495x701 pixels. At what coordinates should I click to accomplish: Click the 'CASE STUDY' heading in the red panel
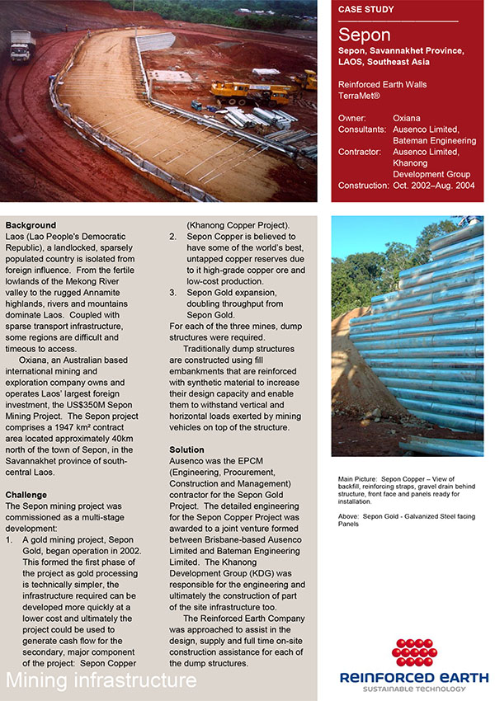367,10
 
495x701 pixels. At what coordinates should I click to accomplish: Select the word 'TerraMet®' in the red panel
361,96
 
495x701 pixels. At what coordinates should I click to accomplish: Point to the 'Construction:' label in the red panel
364,186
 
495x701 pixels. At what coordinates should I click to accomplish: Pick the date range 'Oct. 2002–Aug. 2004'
435,186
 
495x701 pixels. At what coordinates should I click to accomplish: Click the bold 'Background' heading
31,225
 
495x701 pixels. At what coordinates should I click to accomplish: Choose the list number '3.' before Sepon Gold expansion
172,292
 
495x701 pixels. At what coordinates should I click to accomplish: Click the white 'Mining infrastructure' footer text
101,680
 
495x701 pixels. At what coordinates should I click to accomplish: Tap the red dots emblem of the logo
413,652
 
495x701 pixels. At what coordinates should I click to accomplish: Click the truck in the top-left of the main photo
21,45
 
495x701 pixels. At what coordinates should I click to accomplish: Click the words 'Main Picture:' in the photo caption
358,478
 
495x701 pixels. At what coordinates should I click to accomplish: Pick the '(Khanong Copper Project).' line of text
238,225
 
